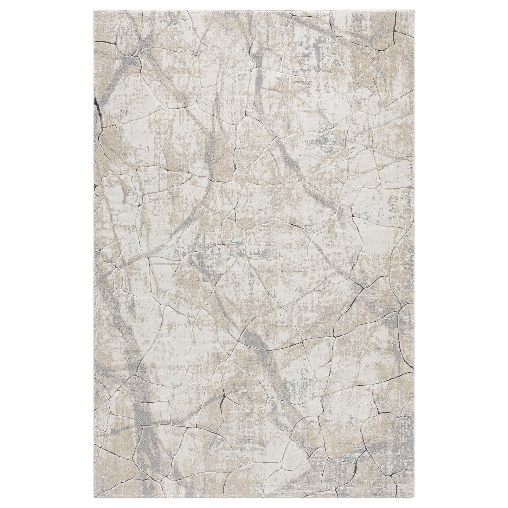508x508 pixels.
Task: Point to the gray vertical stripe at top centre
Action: point(260,56)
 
